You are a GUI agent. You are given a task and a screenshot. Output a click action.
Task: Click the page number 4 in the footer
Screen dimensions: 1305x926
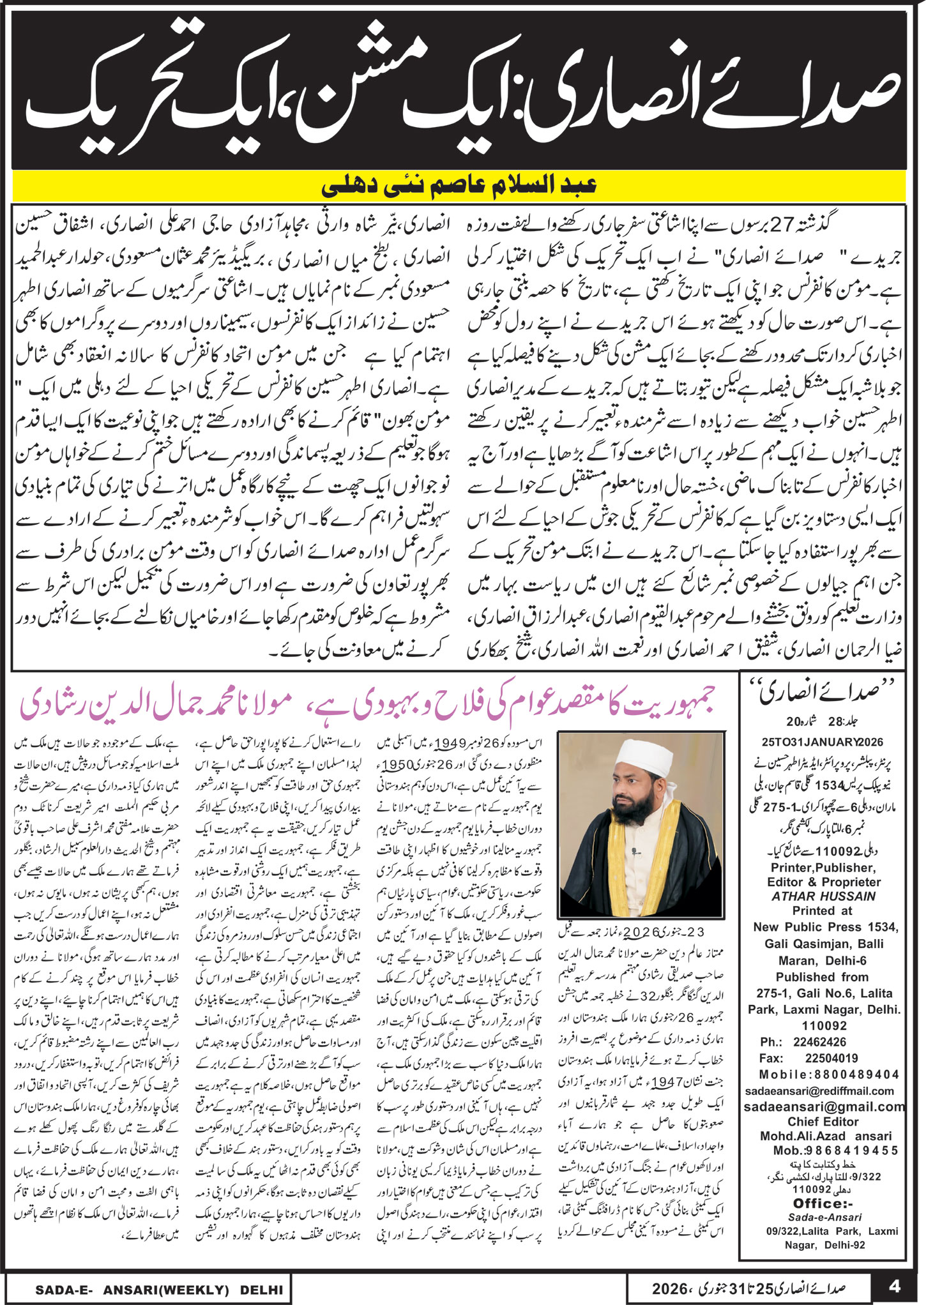coord(895,1285)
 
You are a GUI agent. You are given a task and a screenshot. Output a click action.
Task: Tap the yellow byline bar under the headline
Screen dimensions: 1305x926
coord(459,186)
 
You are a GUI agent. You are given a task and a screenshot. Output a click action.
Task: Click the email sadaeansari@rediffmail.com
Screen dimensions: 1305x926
coord(823,1090)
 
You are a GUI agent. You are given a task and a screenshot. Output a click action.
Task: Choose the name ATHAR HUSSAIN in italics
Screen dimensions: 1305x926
coord(823,896)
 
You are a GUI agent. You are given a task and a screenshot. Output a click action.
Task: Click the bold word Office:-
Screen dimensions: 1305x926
coord(823,1203)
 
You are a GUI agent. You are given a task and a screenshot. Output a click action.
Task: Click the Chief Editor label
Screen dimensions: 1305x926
coord(823,1122)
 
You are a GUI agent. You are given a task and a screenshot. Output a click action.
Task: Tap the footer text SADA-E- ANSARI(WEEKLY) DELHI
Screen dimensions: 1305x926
coord(159,1289)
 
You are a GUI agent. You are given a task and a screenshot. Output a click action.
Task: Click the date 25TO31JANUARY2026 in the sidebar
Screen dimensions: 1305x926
coord(823,742)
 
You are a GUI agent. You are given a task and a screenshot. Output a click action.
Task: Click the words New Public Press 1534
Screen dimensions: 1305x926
coord(825,927)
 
